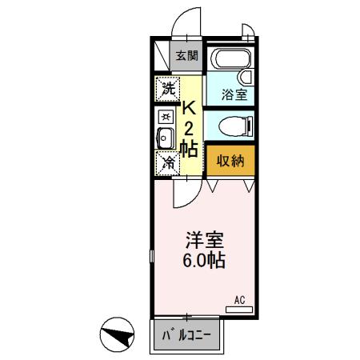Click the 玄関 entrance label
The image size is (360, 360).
coord(187,55)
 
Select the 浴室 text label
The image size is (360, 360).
coord(234,93)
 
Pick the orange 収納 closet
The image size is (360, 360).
coord(231,159)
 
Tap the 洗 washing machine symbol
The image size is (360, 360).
coord(167,88)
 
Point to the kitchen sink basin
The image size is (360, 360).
coord(165,138)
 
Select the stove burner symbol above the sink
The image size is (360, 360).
coord(165,116)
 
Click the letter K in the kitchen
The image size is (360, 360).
coord(190,108)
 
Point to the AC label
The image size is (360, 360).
coord(238,301)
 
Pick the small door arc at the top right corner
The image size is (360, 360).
coord(249,32)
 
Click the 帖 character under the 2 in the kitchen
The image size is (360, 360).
coord(190,147)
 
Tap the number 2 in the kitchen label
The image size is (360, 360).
coord(190,128)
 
